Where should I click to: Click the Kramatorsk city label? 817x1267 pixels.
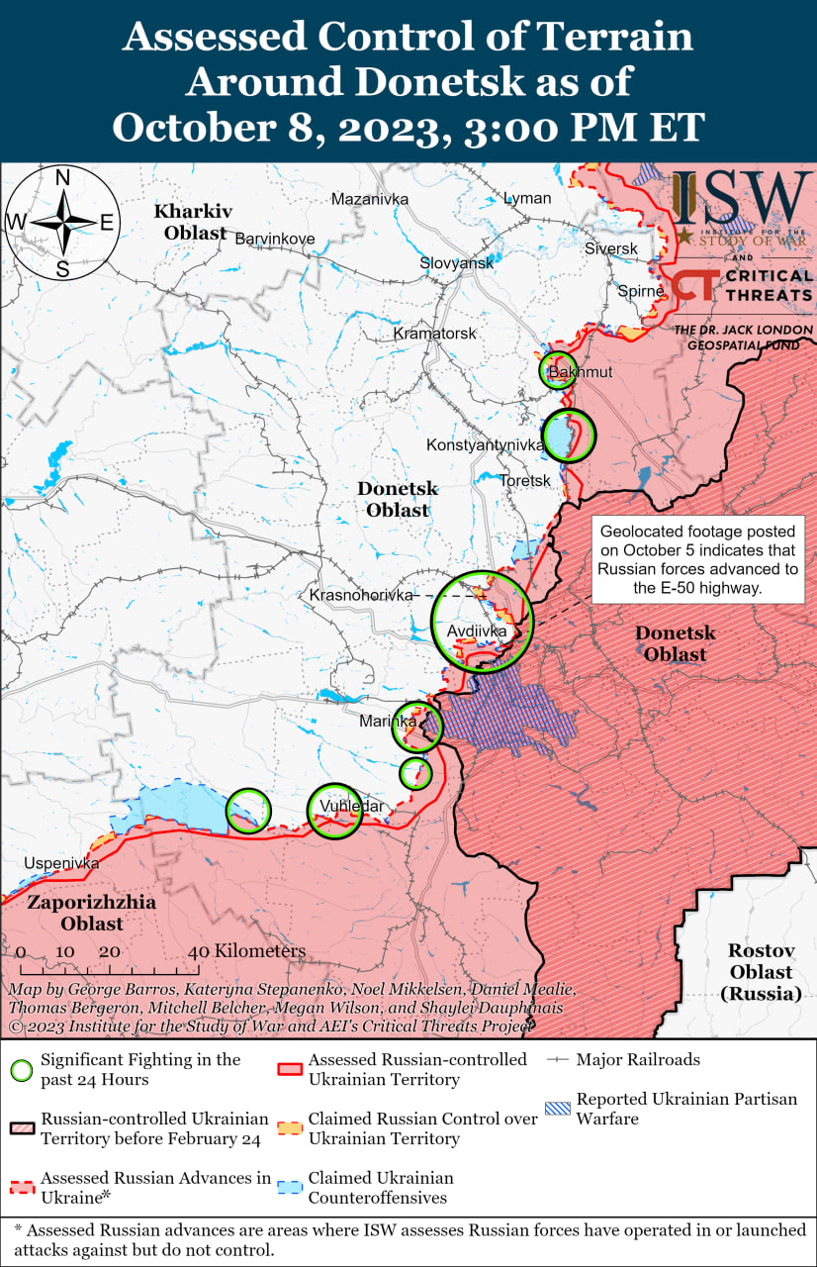pos(434,334)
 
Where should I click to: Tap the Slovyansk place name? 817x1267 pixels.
pos(456,263)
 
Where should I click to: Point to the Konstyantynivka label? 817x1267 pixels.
pos(485,445)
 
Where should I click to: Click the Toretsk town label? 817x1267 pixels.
pos(524,480)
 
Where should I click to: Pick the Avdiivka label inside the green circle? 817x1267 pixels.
pos(477,631)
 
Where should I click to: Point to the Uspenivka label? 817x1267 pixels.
pos(62,863)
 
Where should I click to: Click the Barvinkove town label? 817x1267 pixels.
pos(274,239)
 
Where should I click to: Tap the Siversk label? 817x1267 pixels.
pos(610,248)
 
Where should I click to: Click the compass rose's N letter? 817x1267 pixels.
pos(61,178)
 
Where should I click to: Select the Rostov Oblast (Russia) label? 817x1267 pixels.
pos(761,971)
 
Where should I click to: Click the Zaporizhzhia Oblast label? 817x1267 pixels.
pos(77,913)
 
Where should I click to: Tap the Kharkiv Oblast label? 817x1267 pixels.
pos(192,222)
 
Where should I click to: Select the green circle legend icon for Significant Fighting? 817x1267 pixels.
pos(21,1069)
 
